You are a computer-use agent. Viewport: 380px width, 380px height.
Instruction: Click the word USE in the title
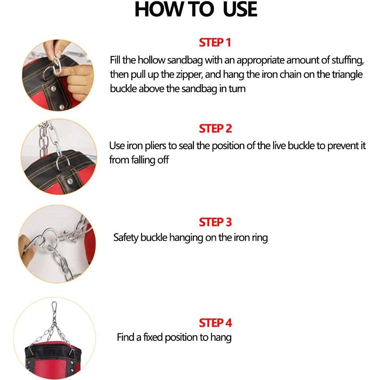click(240, 10)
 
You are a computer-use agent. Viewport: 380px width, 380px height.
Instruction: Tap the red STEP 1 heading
click(215, 43)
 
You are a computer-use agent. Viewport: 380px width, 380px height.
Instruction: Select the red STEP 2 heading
click(215, 129)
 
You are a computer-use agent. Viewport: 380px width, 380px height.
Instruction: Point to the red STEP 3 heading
click(215, 222)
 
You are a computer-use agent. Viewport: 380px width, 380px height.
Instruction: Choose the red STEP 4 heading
click(215, 323)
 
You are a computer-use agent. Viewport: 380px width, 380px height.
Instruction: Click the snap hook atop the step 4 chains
click(54, 308)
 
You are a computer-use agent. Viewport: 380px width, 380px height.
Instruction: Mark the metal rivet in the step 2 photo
click(70, 181)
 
